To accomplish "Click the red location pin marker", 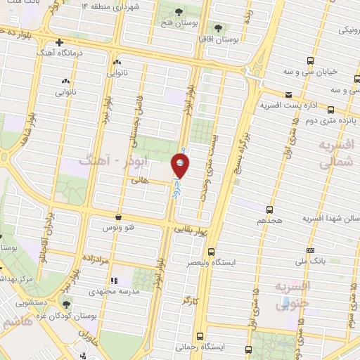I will [x=181, y=167].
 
